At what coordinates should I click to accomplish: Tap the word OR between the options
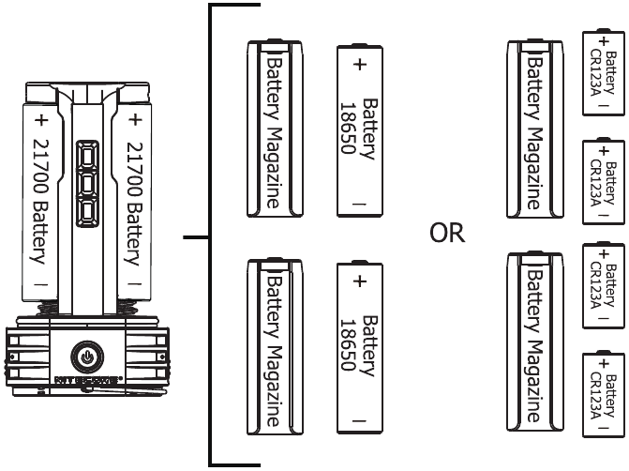(447, 233)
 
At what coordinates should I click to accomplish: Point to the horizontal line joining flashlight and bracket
(195, 237)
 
